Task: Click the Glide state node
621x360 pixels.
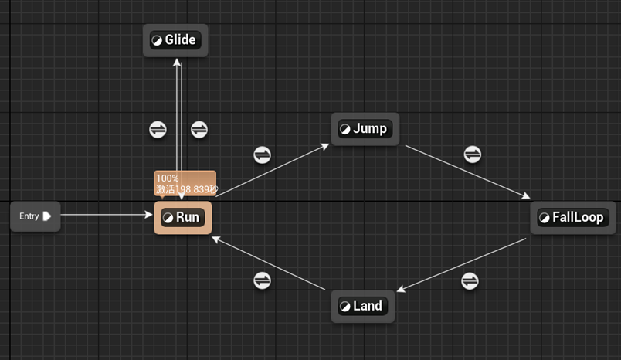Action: (176, 40)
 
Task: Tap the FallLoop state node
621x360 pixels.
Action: (572, 218)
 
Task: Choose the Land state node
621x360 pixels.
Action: (363, 306)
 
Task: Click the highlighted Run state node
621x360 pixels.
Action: (183, 218)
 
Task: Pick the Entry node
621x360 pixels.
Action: (35, 216)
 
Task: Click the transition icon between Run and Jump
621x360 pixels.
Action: (263, 155)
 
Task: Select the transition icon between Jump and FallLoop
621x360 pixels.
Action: (473, 155)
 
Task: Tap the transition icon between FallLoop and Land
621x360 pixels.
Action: (470, 280)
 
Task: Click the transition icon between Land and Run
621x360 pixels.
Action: (263, 280)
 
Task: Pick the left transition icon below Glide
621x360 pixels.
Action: (158, 129)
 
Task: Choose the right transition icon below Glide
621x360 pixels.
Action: (199, 129)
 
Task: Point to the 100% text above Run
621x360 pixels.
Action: (168, 178)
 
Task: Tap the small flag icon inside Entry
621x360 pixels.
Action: (47, 216)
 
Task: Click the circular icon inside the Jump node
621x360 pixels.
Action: (345, 129)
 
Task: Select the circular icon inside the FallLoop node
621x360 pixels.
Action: (545, 218)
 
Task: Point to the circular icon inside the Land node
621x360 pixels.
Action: (344, 306)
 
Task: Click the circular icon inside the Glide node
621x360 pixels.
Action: (157, 40)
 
